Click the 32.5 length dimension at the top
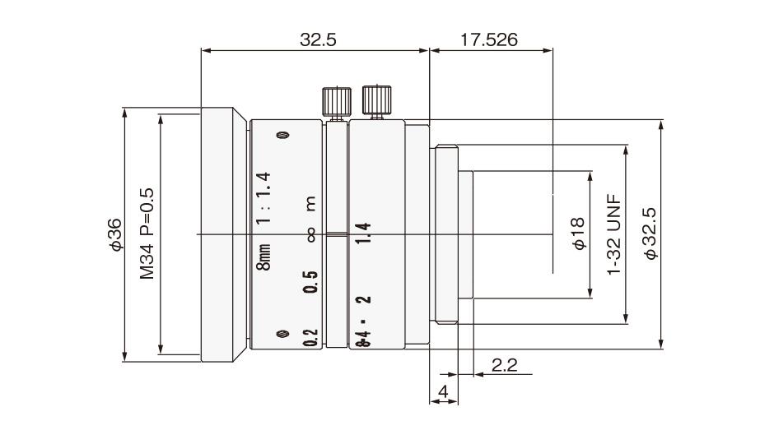(318, 39)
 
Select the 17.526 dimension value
(488, 39)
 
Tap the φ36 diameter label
(116, 234)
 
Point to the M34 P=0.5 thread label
(147, 234)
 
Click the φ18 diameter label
(578, 233)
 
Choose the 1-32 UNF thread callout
(614, 234)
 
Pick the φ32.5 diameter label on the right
(651, 234)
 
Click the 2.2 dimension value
(505, 365)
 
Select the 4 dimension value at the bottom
(443, 391)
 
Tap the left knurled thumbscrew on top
(337, 104)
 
